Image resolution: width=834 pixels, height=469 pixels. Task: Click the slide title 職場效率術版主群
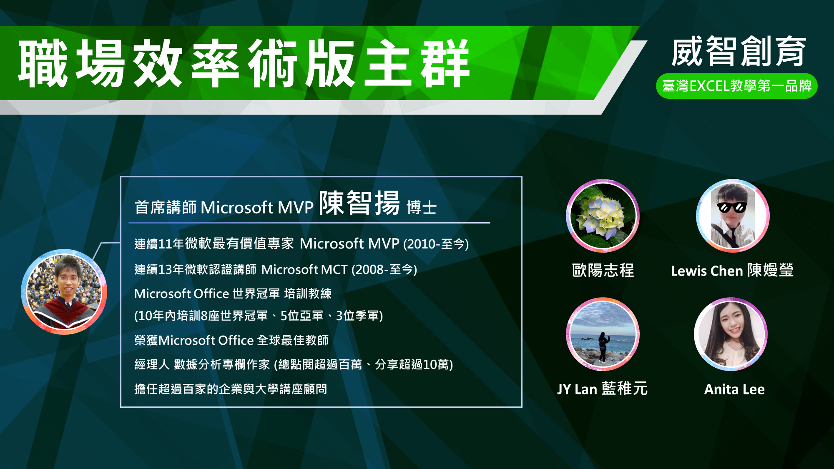pos(244,63)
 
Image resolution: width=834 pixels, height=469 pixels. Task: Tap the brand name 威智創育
pos(738,51)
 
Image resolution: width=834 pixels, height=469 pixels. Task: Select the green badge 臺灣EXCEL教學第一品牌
pos(736,86)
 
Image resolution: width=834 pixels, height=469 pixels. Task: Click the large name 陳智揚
pos(359,203)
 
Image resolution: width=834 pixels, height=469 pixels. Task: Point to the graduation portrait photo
pos(64,292)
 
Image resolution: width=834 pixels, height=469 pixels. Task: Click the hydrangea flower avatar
pos(603,216)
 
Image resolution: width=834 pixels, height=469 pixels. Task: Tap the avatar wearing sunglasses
pos(733,216)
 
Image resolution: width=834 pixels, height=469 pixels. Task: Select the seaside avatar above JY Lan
pos(603,334)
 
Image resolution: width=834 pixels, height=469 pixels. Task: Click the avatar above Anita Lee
pos(731,334)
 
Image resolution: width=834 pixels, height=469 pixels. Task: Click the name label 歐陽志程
pos(603,271)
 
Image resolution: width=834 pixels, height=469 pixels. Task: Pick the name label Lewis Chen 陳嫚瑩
pos(732,271)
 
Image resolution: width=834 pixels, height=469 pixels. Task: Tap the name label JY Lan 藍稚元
pos(603,389)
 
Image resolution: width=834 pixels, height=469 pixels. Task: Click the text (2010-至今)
pos(436,244)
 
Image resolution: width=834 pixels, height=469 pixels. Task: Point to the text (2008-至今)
pos(384,270)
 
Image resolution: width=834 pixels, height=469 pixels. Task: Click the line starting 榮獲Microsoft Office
pos(231,340)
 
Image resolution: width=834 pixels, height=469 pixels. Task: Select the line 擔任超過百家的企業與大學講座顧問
pos(231,389)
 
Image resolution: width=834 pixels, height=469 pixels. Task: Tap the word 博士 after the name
pos(422,207)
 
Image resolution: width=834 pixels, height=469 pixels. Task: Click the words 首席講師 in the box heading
pos(166,207)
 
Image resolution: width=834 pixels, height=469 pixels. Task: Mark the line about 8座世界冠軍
pos(259,316)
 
